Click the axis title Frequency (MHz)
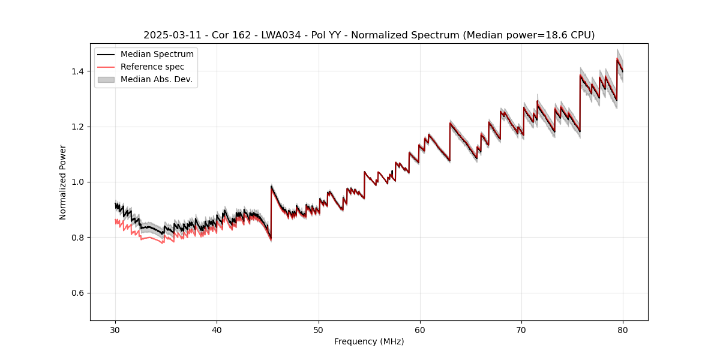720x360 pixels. [369, 341]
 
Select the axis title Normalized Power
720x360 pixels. [63, 182]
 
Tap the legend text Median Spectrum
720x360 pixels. [157, 55]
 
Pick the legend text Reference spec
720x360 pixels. [152, 67]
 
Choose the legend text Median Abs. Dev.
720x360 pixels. [156, 79]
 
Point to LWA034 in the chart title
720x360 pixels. [281, 35]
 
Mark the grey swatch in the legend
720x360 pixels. [106, 79]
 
